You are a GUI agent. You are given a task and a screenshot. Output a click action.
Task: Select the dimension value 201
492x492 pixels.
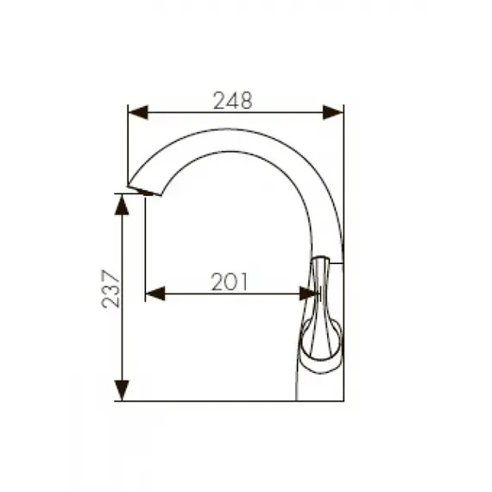230,281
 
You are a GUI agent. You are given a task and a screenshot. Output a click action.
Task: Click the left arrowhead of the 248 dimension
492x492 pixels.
137,112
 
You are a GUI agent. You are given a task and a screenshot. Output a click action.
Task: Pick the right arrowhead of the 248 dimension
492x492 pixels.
333,112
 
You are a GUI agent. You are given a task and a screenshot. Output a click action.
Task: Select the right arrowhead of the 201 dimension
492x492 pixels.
309,293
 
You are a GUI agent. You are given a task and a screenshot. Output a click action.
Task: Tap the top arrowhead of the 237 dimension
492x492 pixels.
123,203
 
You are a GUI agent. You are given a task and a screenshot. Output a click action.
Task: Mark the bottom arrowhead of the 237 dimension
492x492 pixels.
123,391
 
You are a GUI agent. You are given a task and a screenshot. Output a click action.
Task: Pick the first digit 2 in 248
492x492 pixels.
219,100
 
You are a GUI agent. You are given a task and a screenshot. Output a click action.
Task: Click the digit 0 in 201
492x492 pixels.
230,281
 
